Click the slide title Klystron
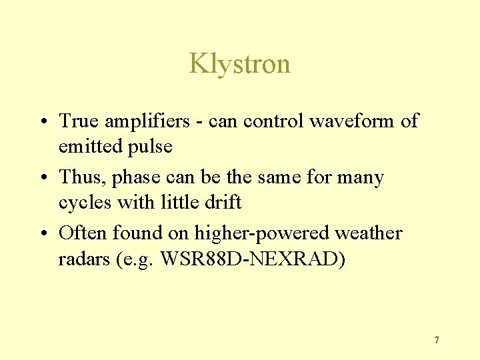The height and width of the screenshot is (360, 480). pos(239,64)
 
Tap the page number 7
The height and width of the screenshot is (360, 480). pos(436,341)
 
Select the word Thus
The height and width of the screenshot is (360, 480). pos(82,178)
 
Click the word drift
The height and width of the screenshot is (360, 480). pos(225,203)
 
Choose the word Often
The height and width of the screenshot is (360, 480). pos(83,233)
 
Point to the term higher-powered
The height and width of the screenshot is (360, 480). pos(262,234)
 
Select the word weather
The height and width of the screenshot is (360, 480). pos(369,233)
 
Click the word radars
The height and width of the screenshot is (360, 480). pos(85,259)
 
